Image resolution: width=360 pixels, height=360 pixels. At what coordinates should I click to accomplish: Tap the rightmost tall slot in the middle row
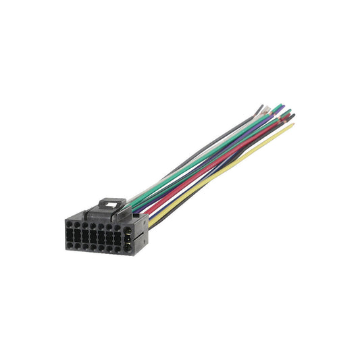click(x=118, y=235)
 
